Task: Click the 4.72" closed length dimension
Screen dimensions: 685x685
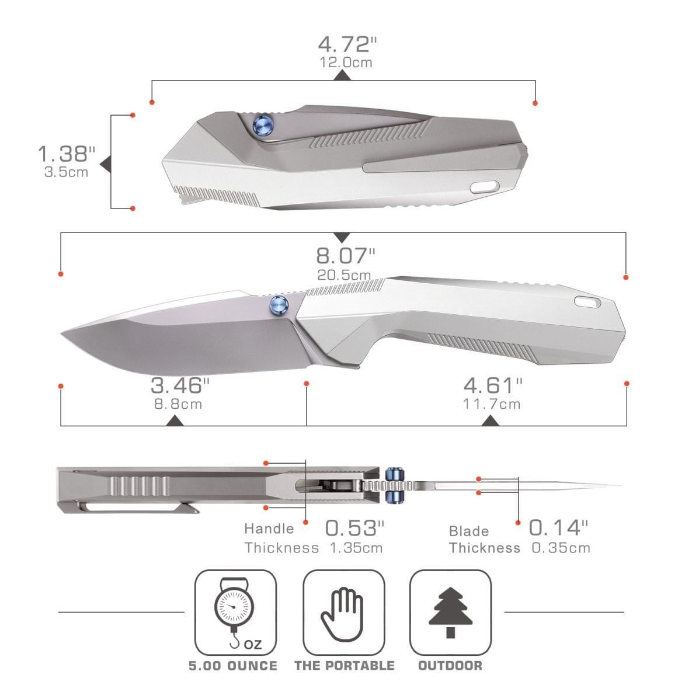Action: (x=347, y=44)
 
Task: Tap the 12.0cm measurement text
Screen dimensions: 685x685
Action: (x=346, y=62)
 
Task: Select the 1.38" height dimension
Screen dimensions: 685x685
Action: (x=66, y=154)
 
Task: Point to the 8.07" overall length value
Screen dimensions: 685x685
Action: (x=346, y=256)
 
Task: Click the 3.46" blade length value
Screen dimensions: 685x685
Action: (x=180, y=385)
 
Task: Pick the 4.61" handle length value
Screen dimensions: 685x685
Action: (x=493, y=385)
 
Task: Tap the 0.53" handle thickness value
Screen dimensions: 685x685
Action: (x=354, y=528)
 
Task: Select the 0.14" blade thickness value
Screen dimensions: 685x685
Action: (x=558, y=527)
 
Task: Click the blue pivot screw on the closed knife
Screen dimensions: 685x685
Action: (x=263, y=124)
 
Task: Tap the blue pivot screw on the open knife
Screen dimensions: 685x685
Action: (x=279, y=304)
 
